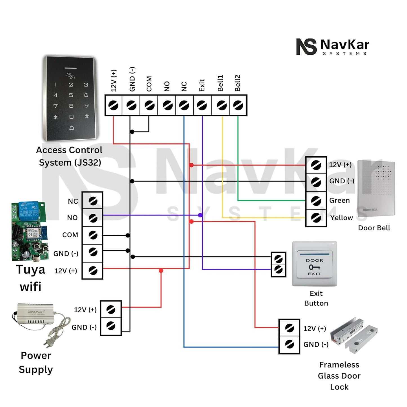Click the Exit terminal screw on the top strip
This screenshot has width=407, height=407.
tap(202, 106)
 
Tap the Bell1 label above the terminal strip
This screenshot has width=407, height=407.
tap(220, 83)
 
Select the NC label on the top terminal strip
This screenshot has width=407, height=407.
tap(184, 86)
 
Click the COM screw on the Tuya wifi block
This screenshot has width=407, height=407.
tap(93, 235)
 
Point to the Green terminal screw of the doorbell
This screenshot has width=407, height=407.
tap(316, 201)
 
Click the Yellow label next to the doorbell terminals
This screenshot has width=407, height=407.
tap(341, 218)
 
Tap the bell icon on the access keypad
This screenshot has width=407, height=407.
tap(72, 128)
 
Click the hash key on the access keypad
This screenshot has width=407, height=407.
tap(87, 116)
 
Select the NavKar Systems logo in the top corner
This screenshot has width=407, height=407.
tap(332, 47)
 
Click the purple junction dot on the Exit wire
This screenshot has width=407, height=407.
tap(200, 215)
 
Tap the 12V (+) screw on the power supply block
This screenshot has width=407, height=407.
tap(111, 310)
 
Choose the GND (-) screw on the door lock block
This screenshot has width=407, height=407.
tap(289, 344)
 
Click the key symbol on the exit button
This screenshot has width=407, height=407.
tap(314, 267)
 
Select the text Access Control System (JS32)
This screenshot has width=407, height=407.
tap(69, 156)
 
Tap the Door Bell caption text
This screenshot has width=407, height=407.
tap(374, 228)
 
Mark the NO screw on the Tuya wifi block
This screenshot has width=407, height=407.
tap(93, 218)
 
